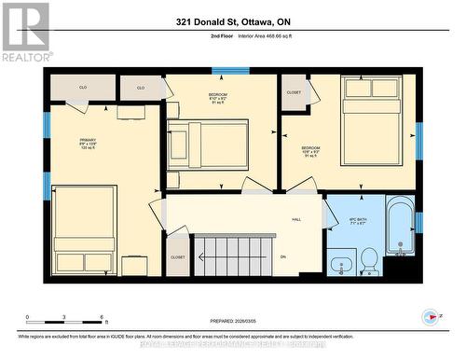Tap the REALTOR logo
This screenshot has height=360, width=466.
pos(25,32)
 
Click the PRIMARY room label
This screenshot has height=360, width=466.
pos(88,142)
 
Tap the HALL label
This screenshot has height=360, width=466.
pos(296,220)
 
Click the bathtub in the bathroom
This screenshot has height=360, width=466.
pos(399,226)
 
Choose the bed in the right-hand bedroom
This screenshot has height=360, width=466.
pos(371,118)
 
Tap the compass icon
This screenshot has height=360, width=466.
pos(431,316)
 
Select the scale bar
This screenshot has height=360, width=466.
pos(65,322)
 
